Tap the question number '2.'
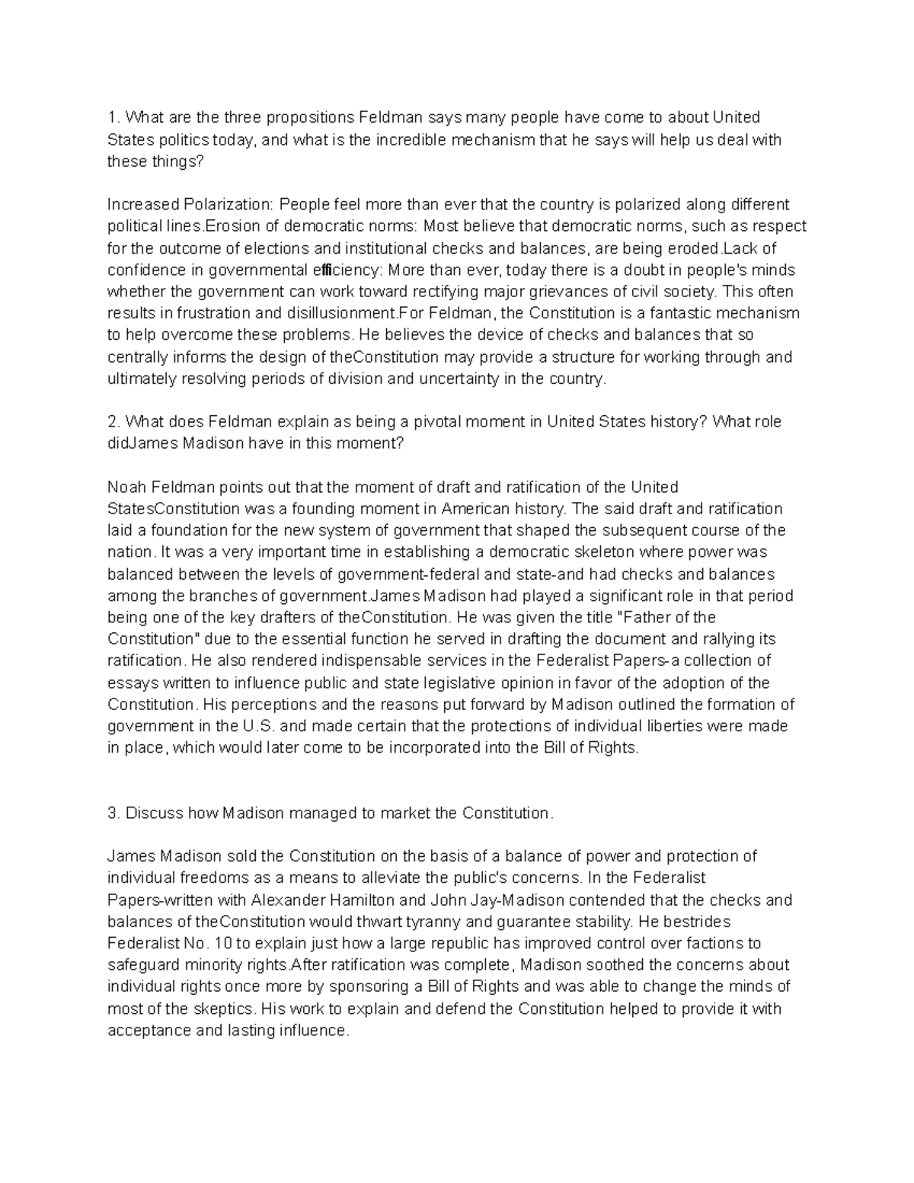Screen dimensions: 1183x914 tap(114, 422)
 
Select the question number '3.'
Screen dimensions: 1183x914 tap(114, 813)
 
